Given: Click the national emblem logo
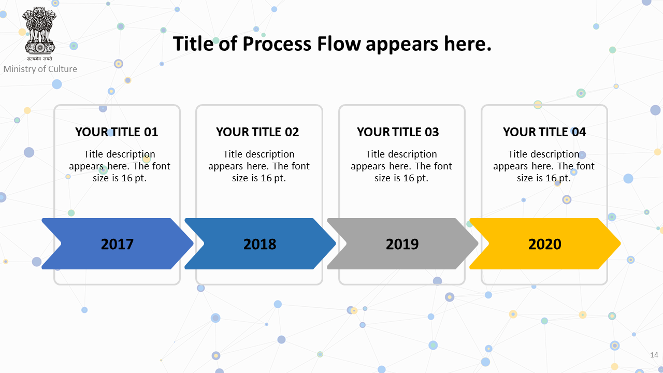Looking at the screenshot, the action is click(40, 34).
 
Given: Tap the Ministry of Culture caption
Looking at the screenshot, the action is click(40, 69).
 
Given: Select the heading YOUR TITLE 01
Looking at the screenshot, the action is click(117, 132).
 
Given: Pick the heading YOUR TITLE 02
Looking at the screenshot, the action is click(257, 132).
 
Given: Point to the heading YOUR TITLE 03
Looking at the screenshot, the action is click(398, 132).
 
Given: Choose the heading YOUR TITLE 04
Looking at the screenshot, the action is click(544, 132).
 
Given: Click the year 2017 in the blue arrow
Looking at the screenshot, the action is click(117, 244).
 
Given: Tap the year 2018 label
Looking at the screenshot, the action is click(260, 244).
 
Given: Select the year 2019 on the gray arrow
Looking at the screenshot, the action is click(402, 244).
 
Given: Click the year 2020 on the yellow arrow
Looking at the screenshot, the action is click(544, 244).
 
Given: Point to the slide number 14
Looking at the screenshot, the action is click(654, 355).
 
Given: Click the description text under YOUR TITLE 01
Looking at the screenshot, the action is click(120, 166).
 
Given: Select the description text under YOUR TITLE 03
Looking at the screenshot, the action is click(401, 166).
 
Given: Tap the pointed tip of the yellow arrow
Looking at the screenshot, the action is click(620, 243).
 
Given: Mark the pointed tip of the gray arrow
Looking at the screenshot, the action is click(478, 243).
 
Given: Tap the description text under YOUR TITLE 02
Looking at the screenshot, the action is click(259, 166).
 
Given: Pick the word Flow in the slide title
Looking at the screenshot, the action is click(339, 44).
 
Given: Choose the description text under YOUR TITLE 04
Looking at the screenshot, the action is click(544, 166).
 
